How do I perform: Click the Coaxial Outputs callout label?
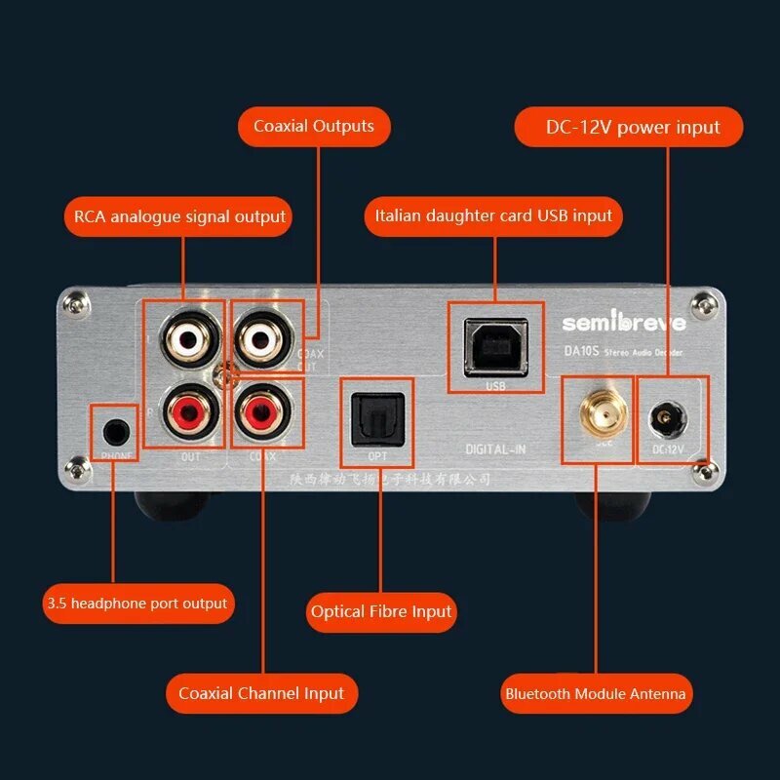pyautogui.click(x=314, y=127)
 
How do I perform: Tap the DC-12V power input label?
pyautogui.click(x=632, y=128)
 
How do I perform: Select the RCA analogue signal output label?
pyautogui.click(x=179, y=216)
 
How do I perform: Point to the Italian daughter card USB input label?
pyautogui.click(x=493, y=215)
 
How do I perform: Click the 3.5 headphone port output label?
pyautogui.click(x=136, y=604)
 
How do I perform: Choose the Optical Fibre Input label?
pyautogui.click(x=381, y=612)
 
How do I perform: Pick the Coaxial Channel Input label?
pyautogui.click(x=261, y=694)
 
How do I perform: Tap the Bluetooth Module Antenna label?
pyautogui.click(x=595, y=694)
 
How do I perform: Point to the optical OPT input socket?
pyautogui.click(x=376, y=414)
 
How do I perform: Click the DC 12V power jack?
pyautogui.click(x=672, y=418)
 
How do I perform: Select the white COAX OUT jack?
pyautogui.click(x=261, y=337)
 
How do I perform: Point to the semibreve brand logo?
pyautogui.click(x=623, y=323)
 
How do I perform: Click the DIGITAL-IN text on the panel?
pyautogui.click(x=495, y=448)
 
